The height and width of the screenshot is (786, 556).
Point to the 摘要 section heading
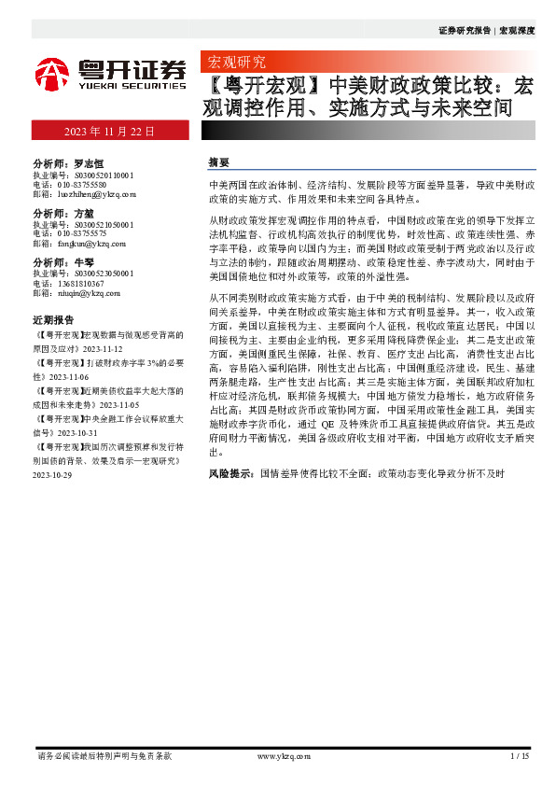pyautogui.click(x=219, y=161)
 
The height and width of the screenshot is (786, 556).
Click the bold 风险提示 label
pyautogui.click(x=230, y=474)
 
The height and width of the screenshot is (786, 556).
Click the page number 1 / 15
pyautogui.click(x=520, y=755)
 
